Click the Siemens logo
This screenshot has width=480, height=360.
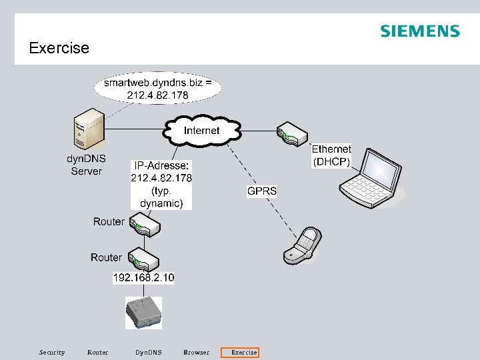(x=419, y=31)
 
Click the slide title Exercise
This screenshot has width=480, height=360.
(x=59, y=48)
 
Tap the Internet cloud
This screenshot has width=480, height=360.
(x=201, y=131)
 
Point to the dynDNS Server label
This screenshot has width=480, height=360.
(x=86, y=165)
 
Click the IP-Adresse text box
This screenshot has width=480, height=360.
(x=161, y=185)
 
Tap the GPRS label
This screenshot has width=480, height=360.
(x=262, y=191)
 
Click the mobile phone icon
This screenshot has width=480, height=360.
(x=301, y=246)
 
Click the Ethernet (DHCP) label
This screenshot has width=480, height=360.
(x=331, y=155)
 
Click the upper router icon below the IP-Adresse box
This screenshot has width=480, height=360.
(x=144, y=225)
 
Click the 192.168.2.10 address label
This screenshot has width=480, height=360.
(x=143, y=277)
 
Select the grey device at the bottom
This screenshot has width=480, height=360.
(x=143, y=311)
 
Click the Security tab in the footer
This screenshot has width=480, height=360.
(x=52, y=353)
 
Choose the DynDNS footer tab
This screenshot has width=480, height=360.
(x=148, y=353)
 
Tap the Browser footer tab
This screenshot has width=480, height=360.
(x=196, y=353)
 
